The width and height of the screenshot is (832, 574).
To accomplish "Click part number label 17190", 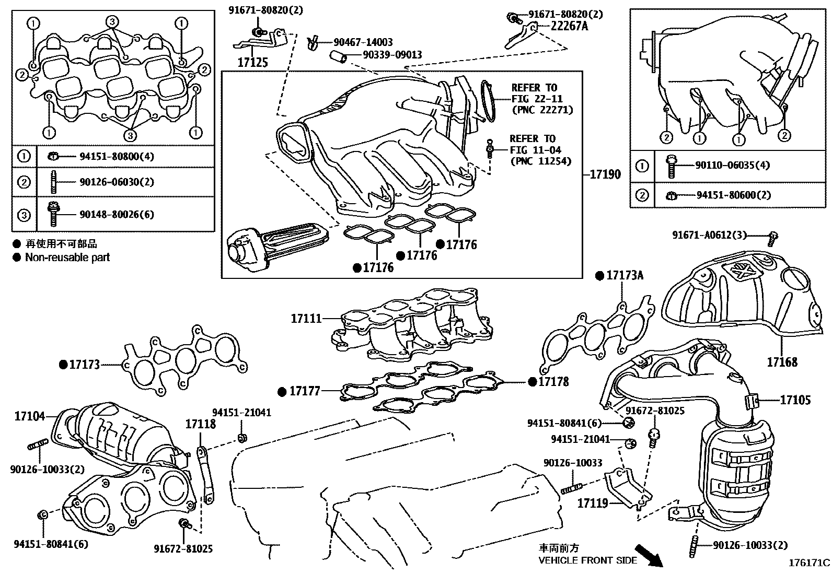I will [x=606, y=174].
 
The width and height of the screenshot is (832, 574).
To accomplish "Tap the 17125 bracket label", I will [x=252, y=63].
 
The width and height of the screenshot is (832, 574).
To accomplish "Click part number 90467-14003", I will [x=363, y=42].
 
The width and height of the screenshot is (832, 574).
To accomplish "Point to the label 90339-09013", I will [x=386, y=55].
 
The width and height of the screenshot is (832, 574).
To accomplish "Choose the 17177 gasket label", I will [x=305, y=390].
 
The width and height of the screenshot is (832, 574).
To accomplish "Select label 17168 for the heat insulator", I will [x=782, y=361].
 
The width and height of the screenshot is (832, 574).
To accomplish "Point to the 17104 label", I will [x=29, y=416].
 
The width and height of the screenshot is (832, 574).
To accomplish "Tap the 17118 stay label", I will [x=200, y=424].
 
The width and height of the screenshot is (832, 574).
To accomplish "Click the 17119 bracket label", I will [x=593, y=503].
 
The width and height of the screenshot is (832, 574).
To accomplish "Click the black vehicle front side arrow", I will [x=649, y=556].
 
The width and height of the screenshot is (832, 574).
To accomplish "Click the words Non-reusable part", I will [x=67, y=257].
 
